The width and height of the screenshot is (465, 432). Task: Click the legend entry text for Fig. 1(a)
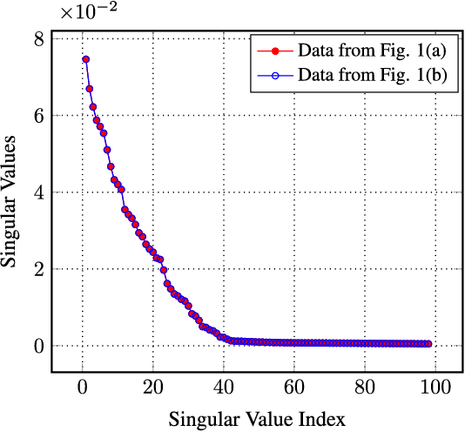(x=372, y=48)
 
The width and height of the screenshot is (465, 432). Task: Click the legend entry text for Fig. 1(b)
(x=372, y=76)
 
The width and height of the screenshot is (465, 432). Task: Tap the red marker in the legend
(x=274, y=48)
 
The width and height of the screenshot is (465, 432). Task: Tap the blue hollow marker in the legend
(x=274, y=76)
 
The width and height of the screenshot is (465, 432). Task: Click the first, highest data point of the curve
(x=85, y=59)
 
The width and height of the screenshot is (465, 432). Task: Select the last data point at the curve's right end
(x=428, y=344)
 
